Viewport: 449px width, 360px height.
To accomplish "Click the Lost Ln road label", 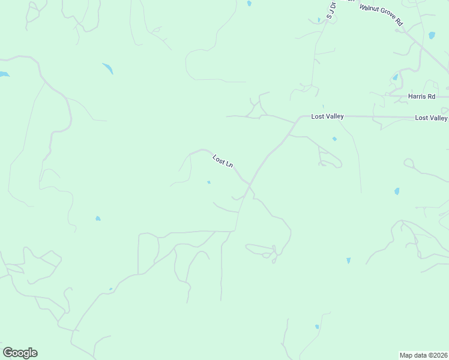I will coord(223,161).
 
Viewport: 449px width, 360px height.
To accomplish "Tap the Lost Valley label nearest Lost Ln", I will coord(327,116).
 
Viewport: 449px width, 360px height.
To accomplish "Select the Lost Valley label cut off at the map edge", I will coord(431,118).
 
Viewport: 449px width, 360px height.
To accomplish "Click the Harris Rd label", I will coord(421,96).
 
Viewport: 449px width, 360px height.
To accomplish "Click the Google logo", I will coord(20,353).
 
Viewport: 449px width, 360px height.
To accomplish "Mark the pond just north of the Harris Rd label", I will coord(395,77).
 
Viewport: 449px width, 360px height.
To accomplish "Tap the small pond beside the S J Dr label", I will coord(319,20).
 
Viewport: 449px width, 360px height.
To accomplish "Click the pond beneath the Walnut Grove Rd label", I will coord(432,35).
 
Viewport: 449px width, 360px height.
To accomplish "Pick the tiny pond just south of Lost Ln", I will coord(208,182).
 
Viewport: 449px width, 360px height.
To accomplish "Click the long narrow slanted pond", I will coord(108,68).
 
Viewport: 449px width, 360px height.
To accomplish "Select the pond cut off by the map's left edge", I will coord(4,74).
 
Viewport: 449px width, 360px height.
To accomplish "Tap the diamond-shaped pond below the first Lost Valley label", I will coord(334,139).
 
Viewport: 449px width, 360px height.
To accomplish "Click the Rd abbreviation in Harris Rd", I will coord(431,96).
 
